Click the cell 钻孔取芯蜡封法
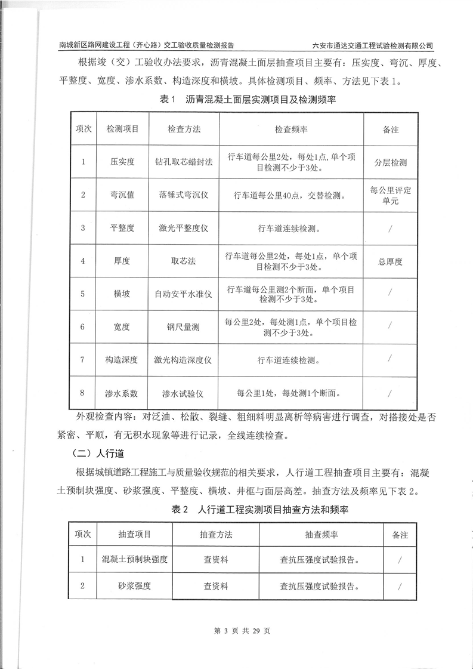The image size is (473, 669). click(184, 162)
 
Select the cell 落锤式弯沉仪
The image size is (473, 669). click(184, 195)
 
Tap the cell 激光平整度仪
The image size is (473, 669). click(184, 228)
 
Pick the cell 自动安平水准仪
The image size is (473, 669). click(184, 294)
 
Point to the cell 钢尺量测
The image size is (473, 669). click(184, 326)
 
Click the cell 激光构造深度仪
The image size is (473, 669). click(184, 360)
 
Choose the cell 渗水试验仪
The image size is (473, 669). click(184, 393)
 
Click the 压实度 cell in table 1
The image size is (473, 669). click(122, 162)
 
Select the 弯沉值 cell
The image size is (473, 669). click(122, 195)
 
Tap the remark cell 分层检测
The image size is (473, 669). click(391, 162)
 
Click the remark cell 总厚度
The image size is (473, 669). click(391, 261)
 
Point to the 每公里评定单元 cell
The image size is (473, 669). click(391, 196)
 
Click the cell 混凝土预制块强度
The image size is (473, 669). click(134, 560)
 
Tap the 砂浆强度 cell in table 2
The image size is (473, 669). click(134, 586)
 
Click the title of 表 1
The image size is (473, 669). click(248, 100)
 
